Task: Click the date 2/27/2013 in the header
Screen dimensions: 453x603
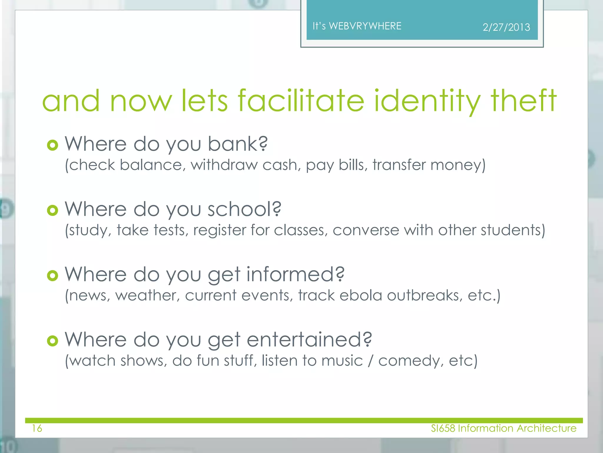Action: pos(506,27)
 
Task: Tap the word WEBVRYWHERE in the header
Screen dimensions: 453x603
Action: pos(365,26)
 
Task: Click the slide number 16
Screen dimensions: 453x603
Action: pos(37,428)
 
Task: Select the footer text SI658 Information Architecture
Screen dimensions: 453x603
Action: pos(503,428)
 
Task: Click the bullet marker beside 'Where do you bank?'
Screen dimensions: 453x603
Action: pos(52,145)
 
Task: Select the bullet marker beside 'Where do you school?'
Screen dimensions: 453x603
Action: pos(52,210)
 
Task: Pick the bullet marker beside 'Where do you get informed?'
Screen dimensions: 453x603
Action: pos(52,276)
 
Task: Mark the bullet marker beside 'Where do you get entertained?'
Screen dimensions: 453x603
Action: pos(52,341)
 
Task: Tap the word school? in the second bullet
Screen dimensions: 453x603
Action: pos(244,209)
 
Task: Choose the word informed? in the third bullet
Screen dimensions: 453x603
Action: pos(295,275)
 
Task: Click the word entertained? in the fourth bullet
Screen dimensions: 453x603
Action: pos(309,340)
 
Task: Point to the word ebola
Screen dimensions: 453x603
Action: pos(361,295)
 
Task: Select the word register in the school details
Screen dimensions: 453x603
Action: pos(220,230)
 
